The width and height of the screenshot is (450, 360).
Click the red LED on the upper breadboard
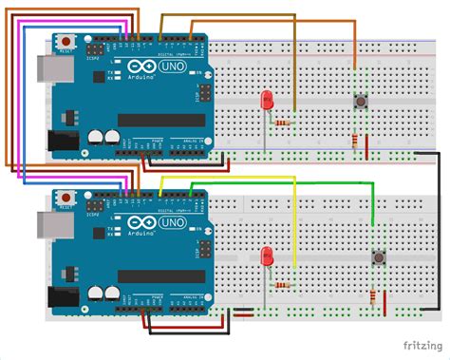(x=267, y=99)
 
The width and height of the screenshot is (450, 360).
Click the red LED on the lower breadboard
(x=267, y=255)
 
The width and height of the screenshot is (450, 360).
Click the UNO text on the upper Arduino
(x=173, y=68)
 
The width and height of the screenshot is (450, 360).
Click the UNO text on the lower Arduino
(x=173, y=223)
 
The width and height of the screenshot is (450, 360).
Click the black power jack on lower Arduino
(x=62, y=297)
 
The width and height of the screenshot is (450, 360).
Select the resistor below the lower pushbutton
(x=371, y=295)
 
